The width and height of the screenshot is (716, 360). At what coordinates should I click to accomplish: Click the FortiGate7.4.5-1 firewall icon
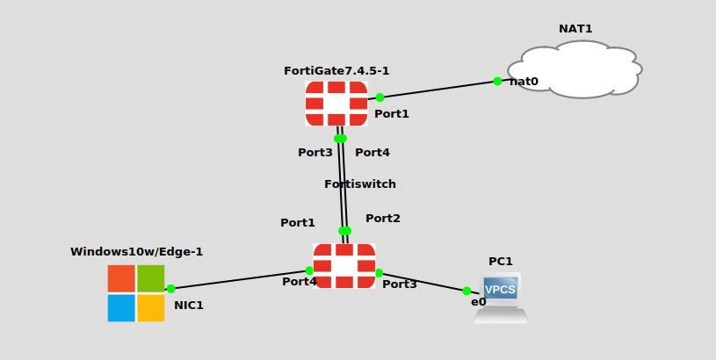[336, 104]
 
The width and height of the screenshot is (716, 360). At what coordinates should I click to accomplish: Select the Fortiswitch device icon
[344, 265]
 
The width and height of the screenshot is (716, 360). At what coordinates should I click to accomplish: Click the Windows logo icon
[136, 293]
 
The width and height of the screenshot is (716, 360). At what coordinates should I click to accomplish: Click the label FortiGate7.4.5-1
[336, 70]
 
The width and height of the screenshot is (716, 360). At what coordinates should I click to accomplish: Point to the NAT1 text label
[575, 29]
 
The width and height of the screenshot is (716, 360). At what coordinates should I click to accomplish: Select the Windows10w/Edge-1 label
[136, 252]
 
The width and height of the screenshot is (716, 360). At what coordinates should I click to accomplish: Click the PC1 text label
[501, 262]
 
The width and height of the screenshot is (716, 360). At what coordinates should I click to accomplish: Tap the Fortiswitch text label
[360, 184]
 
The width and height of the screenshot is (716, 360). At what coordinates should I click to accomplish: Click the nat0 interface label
[524, 82]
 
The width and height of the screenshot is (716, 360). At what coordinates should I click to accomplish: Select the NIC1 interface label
[189, 306]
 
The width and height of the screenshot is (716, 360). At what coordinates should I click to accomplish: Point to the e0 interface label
[479, 302]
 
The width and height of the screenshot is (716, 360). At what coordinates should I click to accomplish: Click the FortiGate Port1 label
[392, 114]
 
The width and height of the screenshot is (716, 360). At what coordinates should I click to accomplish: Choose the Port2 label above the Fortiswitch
[383, 219]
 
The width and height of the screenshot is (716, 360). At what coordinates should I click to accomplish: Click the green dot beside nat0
[497, 81]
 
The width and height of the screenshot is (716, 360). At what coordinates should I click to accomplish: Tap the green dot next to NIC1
[171, 288]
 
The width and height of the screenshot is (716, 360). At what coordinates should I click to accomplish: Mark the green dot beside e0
[466, 291]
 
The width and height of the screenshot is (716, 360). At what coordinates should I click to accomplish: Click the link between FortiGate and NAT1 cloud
[439, 89]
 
